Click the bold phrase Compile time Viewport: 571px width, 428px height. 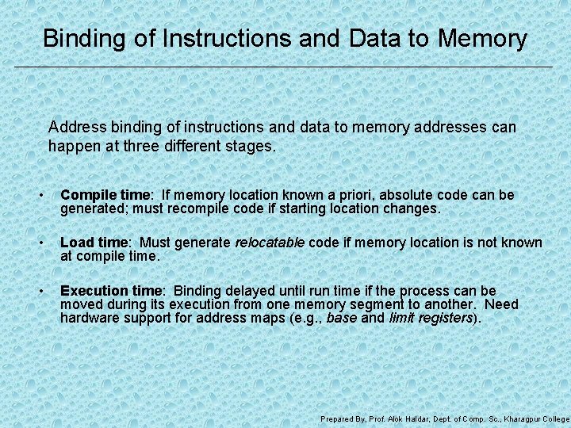point(105,195)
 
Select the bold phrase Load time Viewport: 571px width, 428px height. point(94,243)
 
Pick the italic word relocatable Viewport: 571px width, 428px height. point(270,243)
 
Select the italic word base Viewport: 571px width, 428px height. point(341,318)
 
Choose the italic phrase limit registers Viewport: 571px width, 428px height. point(431,318)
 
